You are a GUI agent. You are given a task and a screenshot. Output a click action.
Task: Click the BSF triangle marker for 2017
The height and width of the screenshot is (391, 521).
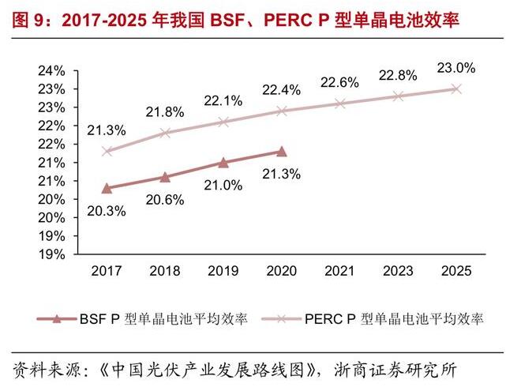click(x=107, y=188)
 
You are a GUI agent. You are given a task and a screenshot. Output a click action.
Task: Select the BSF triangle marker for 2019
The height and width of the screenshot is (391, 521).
click(x=223, y=162)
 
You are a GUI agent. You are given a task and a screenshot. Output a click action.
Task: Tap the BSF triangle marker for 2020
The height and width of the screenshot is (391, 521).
click(x=282, y=151)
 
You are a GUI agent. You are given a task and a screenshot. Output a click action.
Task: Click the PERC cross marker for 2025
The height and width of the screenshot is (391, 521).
click(x=456, y=88)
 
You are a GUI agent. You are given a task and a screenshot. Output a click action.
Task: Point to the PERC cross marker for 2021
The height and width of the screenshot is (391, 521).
click(x=339, y=103)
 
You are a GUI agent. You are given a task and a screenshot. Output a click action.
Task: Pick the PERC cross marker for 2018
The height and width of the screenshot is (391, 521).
click(x=165, y=133)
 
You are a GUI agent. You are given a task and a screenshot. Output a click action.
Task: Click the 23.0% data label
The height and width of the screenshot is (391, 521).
click(x=456, y=68)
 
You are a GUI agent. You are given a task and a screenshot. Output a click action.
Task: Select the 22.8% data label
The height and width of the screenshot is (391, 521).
click(x=399, y=76)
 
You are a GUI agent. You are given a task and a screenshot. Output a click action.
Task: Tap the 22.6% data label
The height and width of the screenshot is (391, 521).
click(x=339, y=82)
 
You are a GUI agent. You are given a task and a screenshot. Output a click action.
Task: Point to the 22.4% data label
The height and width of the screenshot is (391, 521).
click(x=282, y=90)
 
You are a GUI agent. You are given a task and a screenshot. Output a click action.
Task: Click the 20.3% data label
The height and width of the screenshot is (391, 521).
click(x=107, y=212)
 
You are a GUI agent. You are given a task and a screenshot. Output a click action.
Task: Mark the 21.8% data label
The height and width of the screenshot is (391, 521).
click(x=165, y=111)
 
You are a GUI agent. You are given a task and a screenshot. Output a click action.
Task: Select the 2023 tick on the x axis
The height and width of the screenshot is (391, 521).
click(x=398, y=271)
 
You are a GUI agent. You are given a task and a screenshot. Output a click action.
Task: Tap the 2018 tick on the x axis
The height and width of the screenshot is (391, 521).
click(x=165, y=271)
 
